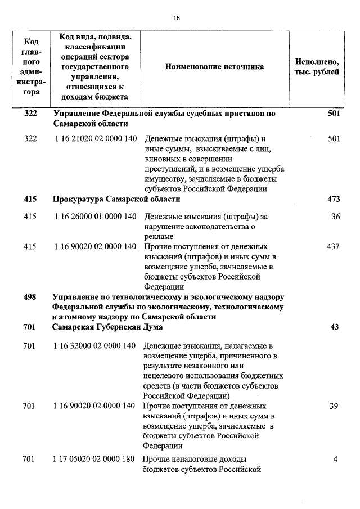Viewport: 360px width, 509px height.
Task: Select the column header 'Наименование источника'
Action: pos(214,66)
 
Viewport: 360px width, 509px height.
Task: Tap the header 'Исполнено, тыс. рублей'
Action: pos(317,66)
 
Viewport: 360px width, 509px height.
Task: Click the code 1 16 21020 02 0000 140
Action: pos(96,139)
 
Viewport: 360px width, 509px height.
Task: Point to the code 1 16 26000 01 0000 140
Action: pos(96,216)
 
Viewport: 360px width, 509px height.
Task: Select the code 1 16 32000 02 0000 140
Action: pos(96,345)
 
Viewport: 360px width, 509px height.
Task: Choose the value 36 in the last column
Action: pos(336,216)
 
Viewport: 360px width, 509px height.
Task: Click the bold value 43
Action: pos(335,327)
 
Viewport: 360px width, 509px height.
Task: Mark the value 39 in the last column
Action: pos(334,406)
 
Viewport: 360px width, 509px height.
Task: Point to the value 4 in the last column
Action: pos(335,458)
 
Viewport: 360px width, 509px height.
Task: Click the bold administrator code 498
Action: pos(30,296)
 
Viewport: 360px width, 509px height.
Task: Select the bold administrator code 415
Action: pos(30,199)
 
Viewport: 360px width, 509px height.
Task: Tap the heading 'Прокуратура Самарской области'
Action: pos(116,199)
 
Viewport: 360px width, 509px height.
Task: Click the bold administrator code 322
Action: pos(30,114)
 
